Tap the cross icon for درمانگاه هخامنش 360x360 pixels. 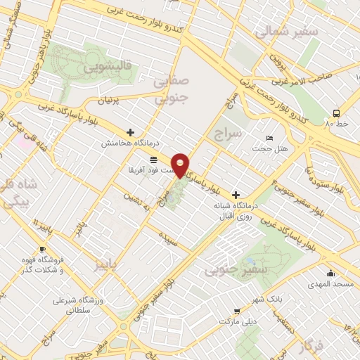(x=130, y=131)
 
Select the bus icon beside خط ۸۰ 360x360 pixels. (x=336, y=112)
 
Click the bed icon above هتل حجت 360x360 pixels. (x=269, y=139)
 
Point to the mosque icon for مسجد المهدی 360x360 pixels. (x=330, y=274)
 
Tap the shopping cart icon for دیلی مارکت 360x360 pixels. (x=237, y=310)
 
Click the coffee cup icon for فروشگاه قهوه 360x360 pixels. (x=43, y=250)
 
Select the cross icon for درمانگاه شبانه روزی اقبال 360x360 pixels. (x=236, y=194)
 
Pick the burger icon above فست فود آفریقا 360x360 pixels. (x=153, y=160)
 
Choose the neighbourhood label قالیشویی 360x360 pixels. (x=108, y=69)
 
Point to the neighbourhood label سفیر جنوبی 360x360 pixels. (x=230, y=269)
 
